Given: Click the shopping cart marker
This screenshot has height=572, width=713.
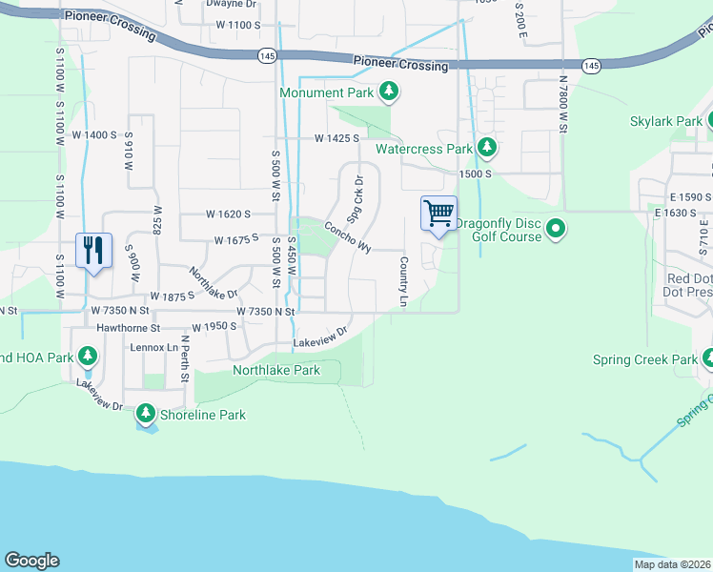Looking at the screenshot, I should coord(438,214).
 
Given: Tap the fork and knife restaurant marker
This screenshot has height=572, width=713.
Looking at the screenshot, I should coord(93,251).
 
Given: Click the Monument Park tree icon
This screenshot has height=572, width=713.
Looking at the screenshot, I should coord(388,92).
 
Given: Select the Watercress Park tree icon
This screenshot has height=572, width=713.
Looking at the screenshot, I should coord(487,149).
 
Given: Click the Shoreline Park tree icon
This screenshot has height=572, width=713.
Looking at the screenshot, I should coord(146,414).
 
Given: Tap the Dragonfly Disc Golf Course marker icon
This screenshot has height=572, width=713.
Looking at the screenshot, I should coord(558,229).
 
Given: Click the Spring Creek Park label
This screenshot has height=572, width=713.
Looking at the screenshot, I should coord(644,359).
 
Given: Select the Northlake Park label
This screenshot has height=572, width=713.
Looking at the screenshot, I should coord(276,370).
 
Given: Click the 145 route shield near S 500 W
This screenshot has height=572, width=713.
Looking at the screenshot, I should coord(267,57).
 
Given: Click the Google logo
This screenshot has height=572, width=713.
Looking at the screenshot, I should coord(31,561).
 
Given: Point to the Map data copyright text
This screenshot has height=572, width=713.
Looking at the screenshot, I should coord(671,564).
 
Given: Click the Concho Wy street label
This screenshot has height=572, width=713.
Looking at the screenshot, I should coord(347,236).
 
